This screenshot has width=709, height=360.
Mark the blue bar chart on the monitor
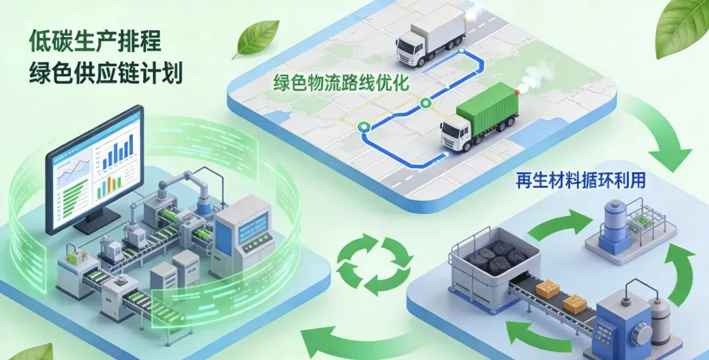click(118, 154)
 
